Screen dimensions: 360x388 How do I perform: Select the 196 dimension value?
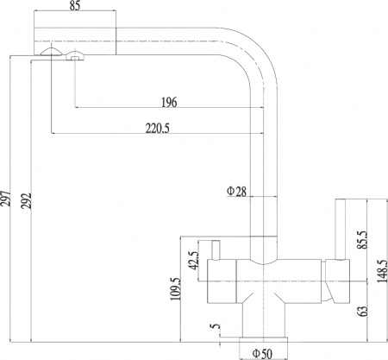pyautogui.click(x=169, y=102)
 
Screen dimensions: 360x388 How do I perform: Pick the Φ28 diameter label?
pyautogui.click(x=237, y=191)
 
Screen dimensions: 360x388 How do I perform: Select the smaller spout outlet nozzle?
pyautogui.click(x=76, y=57)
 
